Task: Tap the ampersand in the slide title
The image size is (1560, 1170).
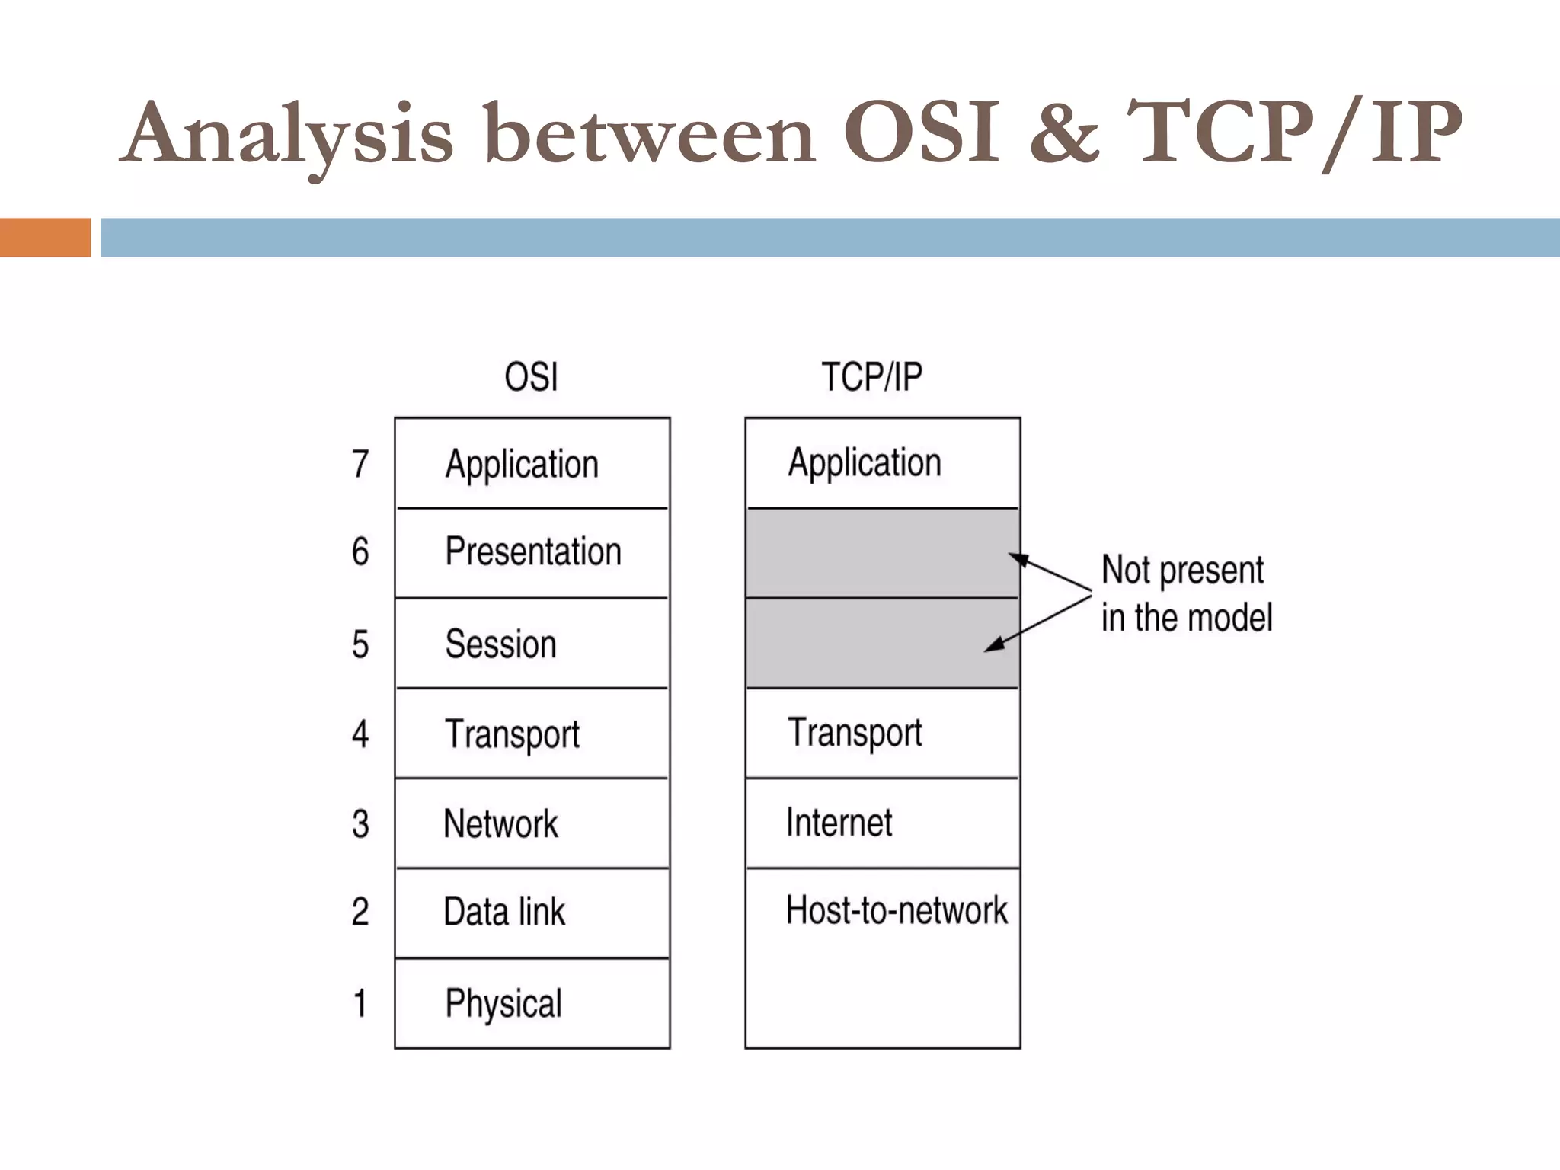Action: click(1064, 133)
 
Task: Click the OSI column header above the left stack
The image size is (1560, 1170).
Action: click(531, 377)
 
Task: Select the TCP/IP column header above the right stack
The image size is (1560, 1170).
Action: click(871, 377)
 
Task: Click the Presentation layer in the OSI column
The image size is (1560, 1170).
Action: click(532, 551)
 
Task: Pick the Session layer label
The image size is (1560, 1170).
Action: click(500, 644)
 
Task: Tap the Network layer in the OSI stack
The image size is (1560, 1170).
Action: click(500, 824)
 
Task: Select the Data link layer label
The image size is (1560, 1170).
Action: click(504, 912)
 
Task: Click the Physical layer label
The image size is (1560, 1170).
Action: click(503, 1003)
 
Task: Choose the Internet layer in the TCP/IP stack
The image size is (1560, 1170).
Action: click(839, 823)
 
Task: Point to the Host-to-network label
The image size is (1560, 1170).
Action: click(896, 910)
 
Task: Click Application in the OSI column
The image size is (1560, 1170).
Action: click(522, 465)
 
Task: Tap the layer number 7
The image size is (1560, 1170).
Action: click(360, 465)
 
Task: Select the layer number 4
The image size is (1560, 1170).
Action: click(360, 734)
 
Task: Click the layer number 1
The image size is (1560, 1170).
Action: click(360, 1003)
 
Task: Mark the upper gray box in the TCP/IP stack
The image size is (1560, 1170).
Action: click(882, 553)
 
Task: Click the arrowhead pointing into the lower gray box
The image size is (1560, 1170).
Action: click(993, 646)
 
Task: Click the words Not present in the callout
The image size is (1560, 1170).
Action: click(1182, 571)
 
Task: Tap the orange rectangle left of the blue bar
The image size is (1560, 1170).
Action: click(45, 238)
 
